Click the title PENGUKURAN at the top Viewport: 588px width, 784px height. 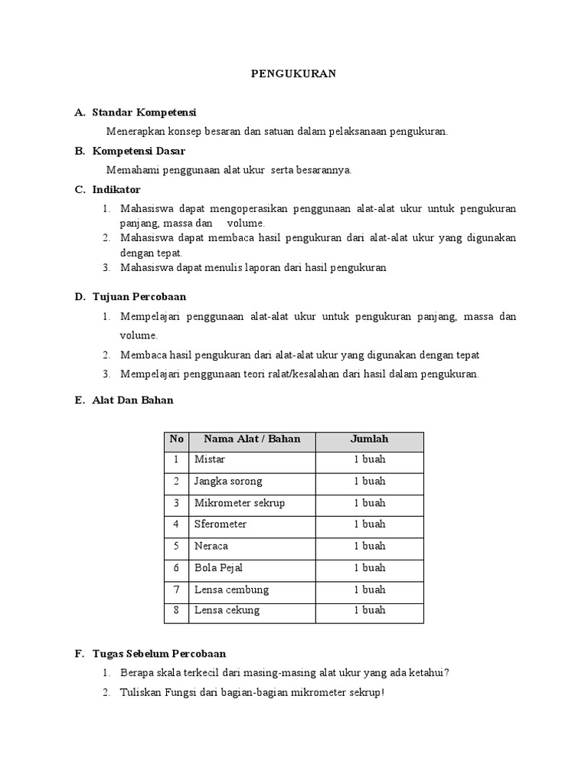tap(294, 73)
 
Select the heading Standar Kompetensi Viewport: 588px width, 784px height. tap(144, 113)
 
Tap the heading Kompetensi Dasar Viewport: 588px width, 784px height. tap(139, 151)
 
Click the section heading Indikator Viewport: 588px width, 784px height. tap(116, 189)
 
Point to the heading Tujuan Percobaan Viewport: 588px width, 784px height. tap(139, 296)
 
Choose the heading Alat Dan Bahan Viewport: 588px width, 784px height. tap(132, 400)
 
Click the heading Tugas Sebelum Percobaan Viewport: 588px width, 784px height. tap(158, 654)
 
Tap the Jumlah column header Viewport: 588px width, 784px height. tap(369, 439)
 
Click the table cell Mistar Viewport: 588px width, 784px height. tap(210, 460)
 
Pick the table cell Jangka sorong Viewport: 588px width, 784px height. tap(228, 482)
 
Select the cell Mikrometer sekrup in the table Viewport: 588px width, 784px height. tap(240, 503)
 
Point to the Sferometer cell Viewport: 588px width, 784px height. tap(220, 524)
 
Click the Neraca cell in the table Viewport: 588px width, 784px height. tap(211, 546)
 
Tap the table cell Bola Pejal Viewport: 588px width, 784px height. tap(216, 567)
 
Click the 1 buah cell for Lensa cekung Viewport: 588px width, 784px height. tap(369, 610)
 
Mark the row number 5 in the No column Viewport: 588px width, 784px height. tap(176, 546)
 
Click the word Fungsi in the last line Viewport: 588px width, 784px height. tap(178, 694)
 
